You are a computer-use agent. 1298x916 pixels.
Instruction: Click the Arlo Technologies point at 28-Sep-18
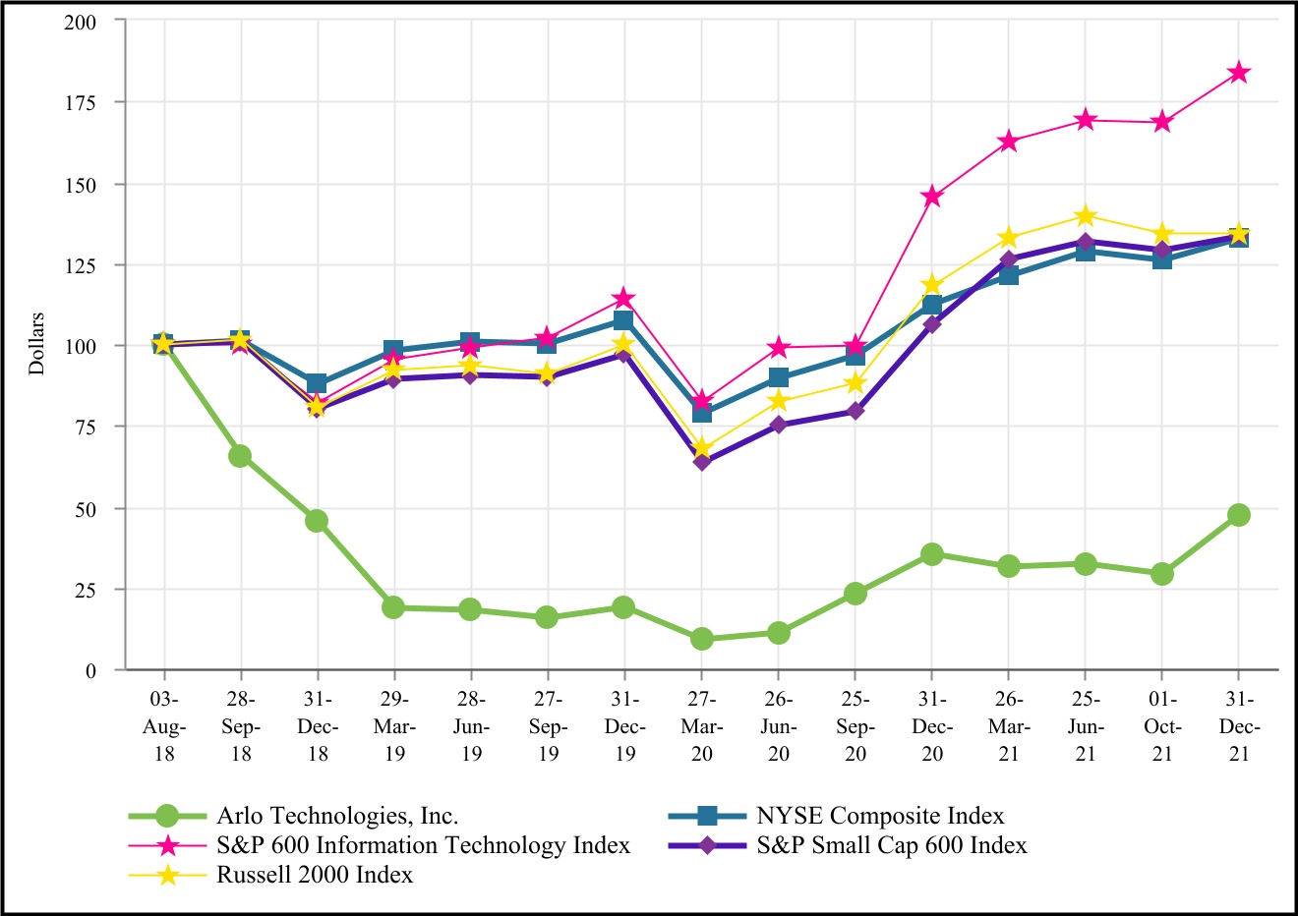click(240, 456)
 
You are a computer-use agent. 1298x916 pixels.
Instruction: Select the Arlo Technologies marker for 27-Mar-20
click(701, 639)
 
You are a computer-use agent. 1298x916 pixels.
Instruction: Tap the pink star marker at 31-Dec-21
click(1239, 73)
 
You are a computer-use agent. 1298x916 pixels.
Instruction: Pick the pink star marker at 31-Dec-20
click(932, 197)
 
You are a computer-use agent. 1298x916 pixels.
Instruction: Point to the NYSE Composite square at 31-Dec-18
click(317, 384)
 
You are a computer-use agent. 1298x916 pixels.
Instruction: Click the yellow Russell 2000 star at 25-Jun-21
click(1086, 216)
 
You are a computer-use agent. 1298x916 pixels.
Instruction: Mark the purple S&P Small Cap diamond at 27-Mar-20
click(701, 462)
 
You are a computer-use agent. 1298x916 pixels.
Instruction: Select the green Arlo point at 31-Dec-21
click(1239, 515)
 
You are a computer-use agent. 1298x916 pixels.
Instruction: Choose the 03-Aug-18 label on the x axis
click(163, 727)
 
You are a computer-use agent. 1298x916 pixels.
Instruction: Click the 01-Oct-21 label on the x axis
click(1162, 727)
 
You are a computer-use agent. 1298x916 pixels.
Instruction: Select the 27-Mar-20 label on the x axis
click(701, 727)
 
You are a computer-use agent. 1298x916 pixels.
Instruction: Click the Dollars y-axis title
click(37, 344)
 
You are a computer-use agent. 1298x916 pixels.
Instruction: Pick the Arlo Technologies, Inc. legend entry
click(337, 816)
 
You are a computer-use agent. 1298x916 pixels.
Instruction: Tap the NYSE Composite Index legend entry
click(880, 816)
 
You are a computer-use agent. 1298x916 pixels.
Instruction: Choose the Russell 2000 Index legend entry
click(315, 875)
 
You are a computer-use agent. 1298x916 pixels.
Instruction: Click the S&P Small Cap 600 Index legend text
click(891, 845)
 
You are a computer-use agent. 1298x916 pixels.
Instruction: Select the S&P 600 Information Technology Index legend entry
click(423, 845)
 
